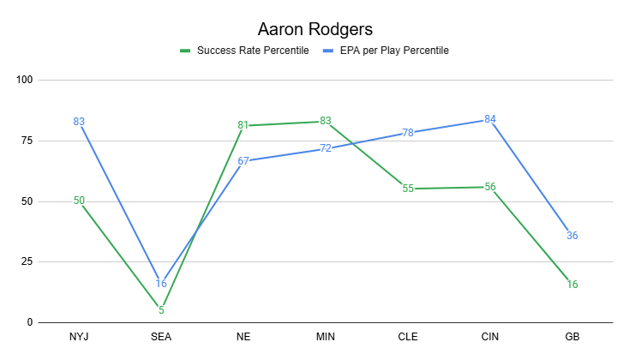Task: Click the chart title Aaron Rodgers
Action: point(314,29)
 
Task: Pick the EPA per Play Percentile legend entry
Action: point(393,51)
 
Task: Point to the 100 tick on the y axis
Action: point(24,81)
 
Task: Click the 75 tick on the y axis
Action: point(27,141)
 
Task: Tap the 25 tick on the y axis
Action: point(27,262)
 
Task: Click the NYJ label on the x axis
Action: point(79,337)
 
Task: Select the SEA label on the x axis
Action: point(161,337)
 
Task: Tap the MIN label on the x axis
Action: point(326,337)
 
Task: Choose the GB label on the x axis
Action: point(572,337)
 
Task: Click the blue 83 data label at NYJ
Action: point(79,122)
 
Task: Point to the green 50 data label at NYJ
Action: point(79,201)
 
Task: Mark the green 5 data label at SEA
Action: point(161,310)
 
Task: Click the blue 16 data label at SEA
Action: point(161,284)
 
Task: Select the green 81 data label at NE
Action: point(243,125)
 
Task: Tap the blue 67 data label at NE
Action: point(243,160)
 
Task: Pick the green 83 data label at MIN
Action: point(326,121)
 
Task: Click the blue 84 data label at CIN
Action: point(490,119)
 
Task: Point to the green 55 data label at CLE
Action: point(408,189)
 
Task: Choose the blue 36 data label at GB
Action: point(572,236)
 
